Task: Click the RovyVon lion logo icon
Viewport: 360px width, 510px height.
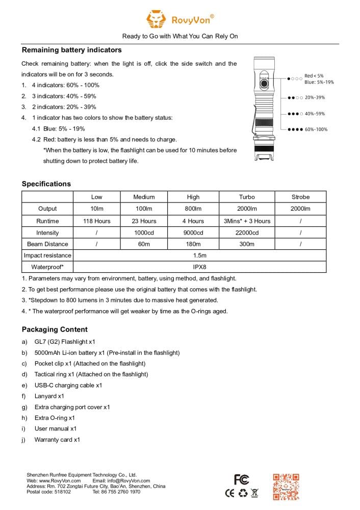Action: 156,20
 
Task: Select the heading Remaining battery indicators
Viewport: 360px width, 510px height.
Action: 71,50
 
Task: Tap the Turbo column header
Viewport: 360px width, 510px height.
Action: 247,197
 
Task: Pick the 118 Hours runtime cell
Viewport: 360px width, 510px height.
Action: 96,221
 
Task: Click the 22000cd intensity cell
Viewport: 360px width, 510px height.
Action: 247,233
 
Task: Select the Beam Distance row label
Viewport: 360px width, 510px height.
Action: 47,244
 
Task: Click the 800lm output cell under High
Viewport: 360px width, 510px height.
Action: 193,209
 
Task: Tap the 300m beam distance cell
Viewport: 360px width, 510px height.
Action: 247,244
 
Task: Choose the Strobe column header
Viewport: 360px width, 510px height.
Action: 300,197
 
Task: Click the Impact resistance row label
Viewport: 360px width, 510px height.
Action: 47,256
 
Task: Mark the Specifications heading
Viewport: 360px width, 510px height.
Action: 46,184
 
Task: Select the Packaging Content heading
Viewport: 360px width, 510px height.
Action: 55,329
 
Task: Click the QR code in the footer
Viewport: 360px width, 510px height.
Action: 286,486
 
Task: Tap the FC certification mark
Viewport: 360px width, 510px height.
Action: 241,479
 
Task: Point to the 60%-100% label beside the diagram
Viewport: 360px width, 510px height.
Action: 316,130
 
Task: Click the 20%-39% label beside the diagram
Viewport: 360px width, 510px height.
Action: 315,97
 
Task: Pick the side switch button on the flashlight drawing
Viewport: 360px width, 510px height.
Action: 264,83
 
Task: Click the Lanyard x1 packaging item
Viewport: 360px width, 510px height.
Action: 49,396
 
